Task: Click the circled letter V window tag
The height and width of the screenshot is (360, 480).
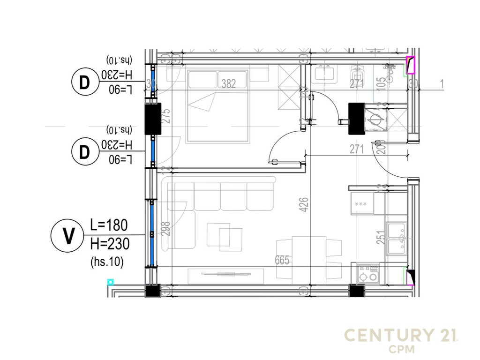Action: [68, 236]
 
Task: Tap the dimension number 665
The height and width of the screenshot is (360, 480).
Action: [283, 260]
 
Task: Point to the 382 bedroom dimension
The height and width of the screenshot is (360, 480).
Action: [228, 84]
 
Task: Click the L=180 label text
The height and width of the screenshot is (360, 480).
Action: [108, 225]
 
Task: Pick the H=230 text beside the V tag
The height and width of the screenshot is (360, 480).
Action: [109, 244]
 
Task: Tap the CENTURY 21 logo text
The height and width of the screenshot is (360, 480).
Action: [401, 335]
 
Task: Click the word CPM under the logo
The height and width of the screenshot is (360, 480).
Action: [401, 350]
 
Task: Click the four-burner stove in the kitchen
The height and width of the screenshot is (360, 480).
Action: [367, 273]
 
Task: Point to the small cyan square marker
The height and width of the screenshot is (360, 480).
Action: [110, 282]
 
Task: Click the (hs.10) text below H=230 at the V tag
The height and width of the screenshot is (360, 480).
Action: [106, 263]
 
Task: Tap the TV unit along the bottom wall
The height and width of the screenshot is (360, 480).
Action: [225, 276]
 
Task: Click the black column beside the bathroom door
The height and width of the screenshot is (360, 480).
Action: [357, 119]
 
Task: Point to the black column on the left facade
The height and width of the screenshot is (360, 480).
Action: [153, 118]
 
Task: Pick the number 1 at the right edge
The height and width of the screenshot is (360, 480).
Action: [442, 84]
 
